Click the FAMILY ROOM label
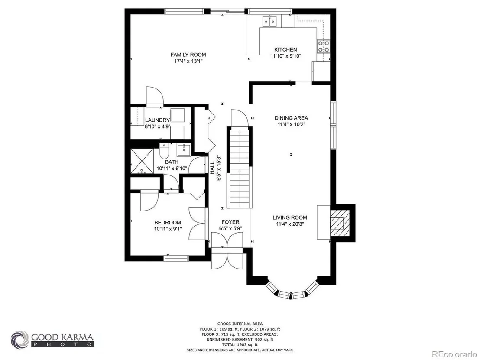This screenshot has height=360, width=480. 188,55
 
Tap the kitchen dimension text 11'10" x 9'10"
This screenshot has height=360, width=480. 286,56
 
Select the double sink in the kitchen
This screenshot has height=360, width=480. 270,21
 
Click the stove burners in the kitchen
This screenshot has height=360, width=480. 324,46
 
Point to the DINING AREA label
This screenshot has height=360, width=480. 291,118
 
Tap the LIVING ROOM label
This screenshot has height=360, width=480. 290,217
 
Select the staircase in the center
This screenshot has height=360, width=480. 240,168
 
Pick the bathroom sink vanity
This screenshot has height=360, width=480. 184,150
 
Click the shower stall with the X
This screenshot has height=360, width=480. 142,161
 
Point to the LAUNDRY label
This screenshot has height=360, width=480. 157,120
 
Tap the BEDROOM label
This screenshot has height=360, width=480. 168,223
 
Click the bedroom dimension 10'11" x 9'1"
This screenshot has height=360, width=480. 168,229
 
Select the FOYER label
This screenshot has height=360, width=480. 230,222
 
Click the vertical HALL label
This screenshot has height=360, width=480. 212,168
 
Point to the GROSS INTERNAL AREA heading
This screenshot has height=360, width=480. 240,324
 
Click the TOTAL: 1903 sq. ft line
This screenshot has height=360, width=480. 240,345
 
